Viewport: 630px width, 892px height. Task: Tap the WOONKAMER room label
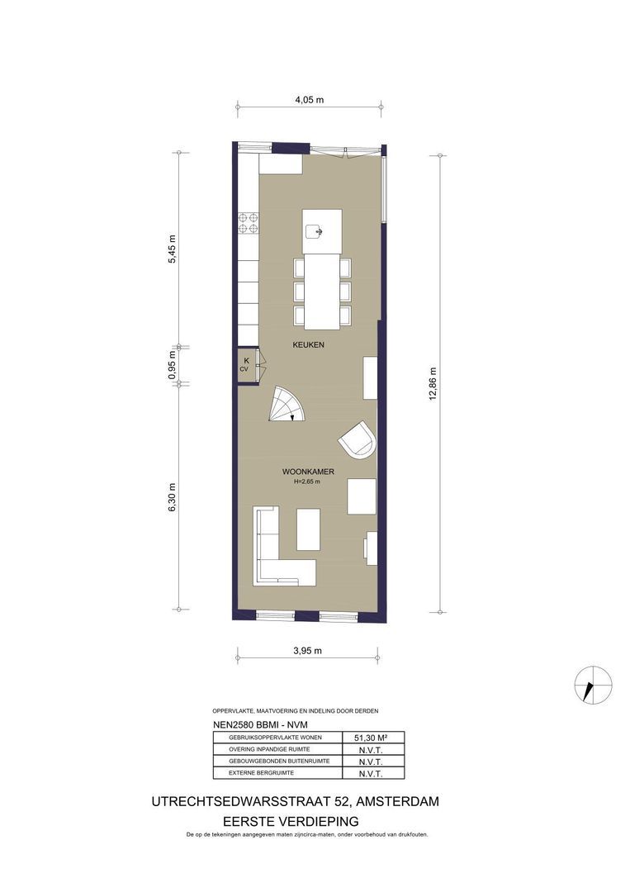(x=307, y=472)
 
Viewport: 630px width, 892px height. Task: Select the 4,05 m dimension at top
(x=309, y=100)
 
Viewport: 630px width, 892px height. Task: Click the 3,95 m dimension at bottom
(x=307, y=650)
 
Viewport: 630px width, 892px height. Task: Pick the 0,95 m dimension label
(x=173, y=364)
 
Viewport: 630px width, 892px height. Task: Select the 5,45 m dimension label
(x=173, y=249)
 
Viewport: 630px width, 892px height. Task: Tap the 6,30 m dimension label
(x=173, y=498)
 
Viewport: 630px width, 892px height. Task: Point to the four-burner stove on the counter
(x=249, y=224)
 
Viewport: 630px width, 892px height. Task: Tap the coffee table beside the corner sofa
(x=308, y=529)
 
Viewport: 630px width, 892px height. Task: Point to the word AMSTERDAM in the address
(x=393, y=802)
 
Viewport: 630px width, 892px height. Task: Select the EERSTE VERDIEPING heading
(x=291, y=821)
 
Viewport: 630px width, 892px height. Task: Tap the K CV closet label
(x=244, y=364)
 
